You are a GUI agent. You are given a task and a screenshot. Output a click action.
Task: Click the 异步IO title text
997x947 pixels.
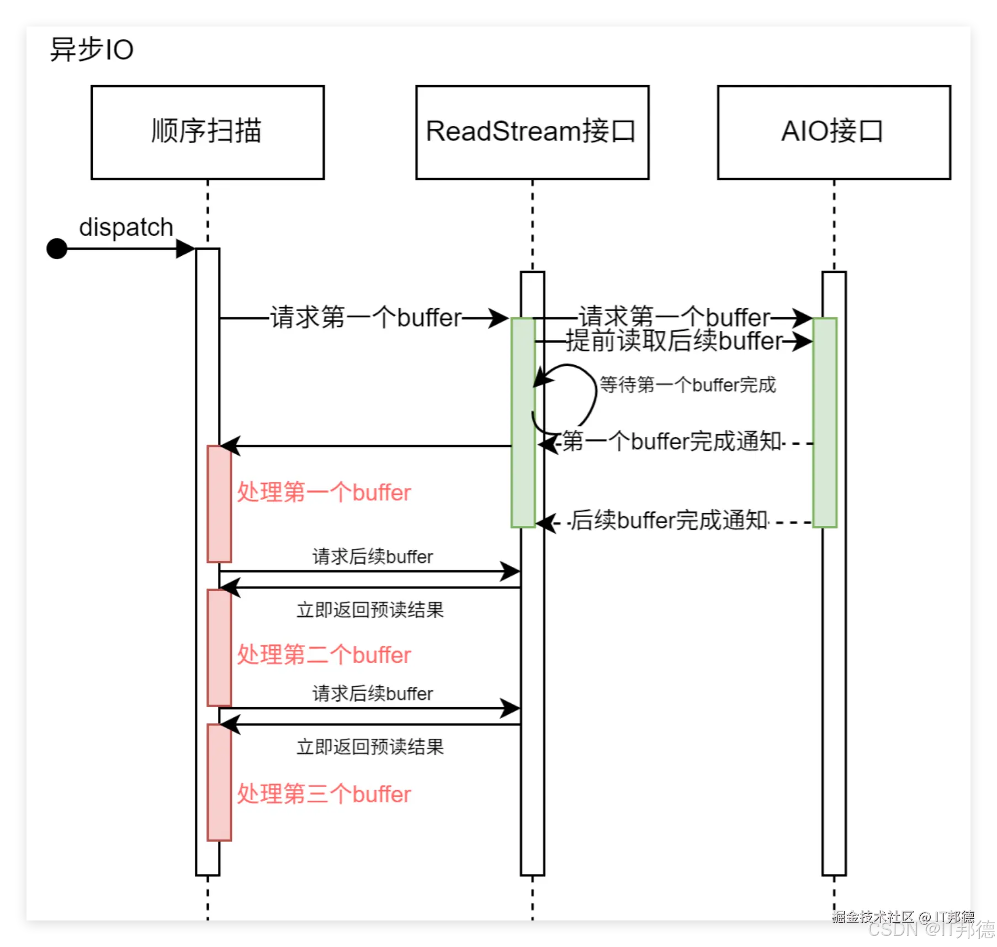[x=92, y=50]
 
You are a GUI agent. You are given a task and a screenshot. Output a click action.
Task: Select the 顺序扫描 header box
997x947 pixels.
[x=207, y=132]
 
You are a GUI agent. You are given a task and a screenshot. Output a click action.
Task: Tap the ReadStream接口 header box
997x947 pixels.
[x=532, y=132]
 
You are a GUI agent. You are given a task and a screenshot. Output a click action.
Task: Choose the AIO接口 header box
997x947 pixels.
[x=833, y=132]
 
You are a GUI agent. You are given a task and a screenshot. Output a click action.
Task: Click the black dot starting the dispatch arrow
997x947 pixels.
[x=57, y=249]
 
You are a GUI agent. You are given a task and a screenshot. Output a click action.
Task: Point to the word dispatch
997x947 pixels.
[x=126, y=227]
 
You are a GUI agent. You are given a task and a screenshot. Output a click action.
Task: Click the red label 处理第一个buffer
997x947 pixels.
[x=324, y=492]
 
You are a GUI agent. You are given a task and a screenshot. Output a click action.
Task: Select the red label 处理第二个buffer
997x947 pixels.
[x=324, y=655]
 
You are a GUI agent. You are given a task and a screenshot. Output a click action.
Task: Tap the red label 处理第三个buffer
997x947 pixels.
[x=324, y=794]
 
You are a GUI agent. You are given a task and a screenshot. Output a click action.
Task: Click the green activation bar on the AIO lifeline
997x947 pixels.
[x=825, y=423]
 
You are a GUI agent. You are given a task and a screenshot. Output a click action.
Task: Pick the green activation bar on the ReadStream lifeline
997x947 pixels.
[x=523, y=423]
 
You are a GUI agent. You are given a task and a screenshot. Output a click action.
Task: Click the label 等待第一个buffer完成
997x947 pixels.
[x=687, y=385]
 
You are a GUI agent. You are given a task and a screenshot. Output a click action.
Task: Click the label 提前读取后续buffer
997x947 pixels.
[x=673, y=341]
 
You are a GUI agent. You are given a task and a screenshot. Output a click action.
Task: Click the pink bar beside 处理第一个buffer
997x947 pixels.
[x=219, y=503]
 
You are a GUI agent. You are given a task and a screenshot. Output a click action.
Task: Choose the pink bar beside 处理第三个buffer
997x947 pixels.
[x=219, y=782]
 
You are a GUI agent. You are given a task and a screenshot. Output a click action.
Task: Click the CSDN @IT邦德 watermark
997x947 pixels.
[x=930, y=928]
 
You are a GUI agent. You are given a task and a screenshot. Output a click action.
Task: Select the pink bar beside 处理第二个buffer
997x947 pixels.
[x=219, y=648]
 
